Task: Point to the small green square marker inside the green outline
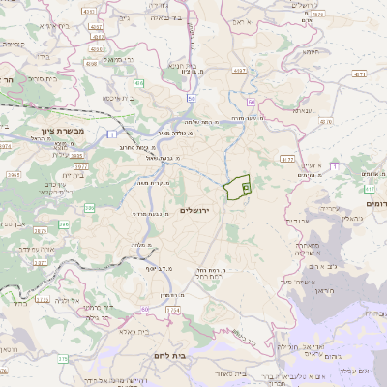[x=245, y=187]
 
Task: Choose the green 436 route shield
[x=140, y=84]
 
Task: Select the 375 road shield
[x=63, y=358]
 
